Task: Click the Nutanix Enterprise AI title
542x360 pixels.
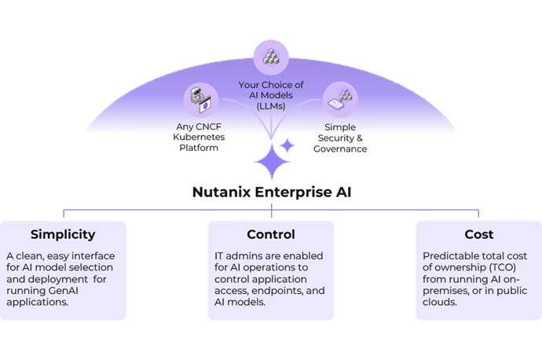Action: (270, 193)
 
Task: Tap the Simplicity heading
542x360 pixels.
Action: (63, 234)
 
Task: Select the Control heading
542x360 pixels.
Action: (270, 234)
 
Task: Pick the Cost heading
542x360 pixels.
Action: (478, 234)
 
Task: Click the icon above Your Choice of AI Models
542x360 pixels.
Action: (270, 57)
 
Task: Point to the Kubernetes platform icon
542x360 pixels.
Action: (200, 101)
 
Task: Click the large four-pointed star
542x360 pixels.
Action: (272, 163)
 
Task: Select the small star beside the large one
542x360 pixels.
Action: (287, 145)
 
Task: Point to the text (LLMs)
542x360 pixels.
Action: (271, 106)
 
